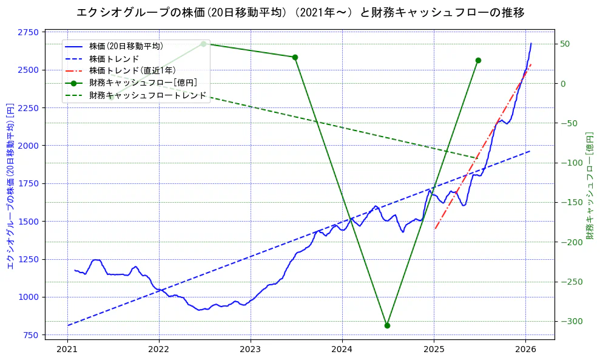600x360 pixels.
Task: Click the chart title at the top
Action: click(x=300, y=12)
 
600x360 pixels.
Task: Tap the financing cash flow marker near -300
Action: click(x=387, y=325)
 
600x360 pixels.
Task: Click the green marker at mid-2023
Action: click(x=295, y=57)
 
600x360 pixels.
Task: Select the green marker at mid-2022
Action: click(x=203, y=44)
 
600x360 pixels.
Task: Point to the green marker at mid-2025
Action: click(x=478, y=60)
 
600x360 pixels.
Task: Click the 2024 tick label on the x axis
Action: click(x=342, y=349)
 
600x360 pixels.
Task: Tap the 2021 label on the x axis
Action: click(x=67, y=349)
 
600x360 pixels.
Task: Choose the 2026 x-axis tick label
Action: click(x=525, y=349)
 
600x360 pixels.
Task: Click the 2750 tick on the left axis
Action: click(x=29, y=32)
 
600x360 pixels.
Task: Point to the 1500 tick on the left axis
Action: click(x=29, y=222)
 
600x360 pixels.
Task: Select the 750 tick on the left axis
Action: click(x=31, y=335)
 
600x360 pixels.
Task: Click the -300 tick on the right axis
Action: click(x=569, y=321)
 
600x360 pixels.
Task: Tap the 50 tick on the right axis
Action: click(x=565, y=44)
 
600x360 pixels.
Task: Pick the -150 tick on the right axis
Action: click(x=569, y=202)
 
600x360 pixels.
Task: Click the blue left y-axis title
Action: click(x=10, y=185)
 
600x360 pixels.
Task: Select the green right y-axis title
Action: click(x=589, y=185)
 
